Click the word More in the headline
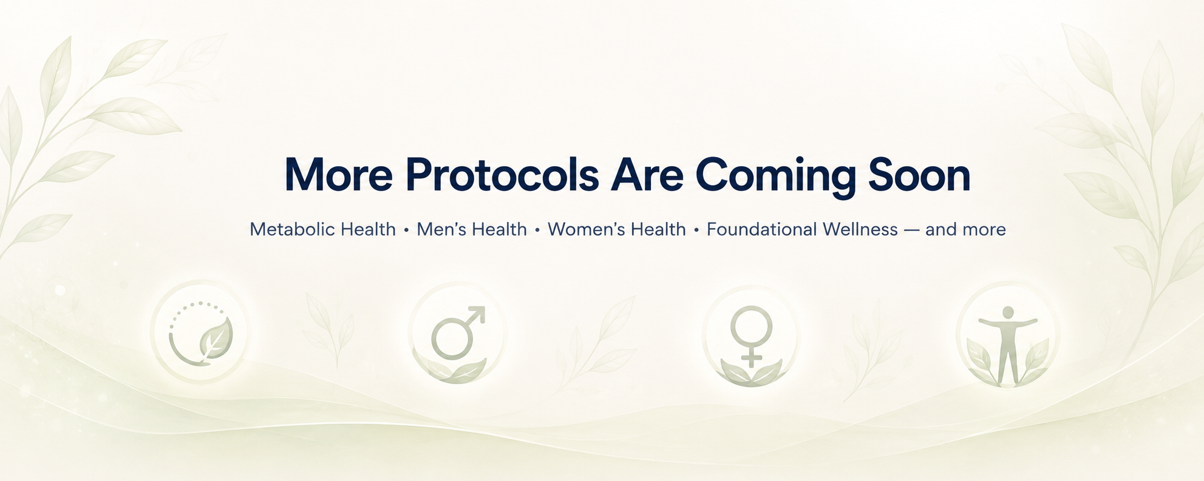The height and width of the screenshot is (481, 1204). pos(339,175)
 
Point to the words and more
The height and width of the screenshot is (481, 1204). pos(965,229)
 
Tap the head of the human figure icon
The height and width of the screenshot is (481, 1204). pos(1008,312)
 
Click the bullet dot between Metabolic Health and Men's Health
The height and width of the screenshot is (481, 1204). pos(406,230)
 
